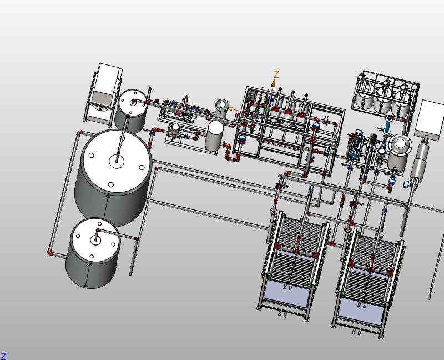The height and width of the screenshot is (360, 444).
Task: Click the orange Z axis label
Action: (x=276, y=74)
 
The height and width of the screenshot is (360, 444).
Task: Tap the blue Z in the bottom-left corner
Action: (x=3, y=356)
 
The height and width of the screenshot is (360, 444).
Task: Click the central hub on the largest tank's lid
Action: (x=117, y=161)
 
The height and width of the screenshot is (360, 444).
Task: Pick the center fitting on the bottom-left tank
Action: (x=95, y=239)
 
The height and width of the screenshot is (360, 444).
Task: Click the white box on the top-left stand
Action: (x=109, y=79)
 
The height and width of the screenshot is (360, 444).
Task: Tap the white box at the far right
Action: (x=430, y=118)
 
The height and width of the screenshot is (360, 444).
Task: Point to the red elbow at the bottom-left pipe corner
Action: (x=50, y=252)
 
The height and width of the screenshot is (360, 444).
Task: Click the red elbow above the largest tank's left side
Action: (x=80, y=133)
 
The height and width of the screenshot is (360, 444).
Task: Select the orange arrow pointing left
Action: (x=234, y=109)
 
